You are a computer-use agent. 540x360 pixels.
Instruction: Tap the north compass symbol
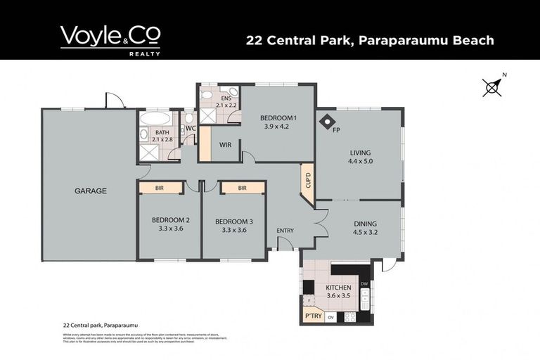492,86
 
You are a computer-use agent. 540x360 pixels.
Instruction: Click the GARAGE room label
91,191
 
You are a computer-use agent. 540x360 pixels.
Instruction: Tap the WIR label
226,146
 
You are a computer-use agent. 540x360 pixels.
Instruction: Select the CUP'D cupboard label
307,181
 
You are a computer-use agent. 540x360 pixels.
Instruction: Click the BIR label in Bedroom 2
160,188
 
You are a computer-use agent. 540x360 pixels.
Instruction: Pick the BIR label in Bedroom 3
242,188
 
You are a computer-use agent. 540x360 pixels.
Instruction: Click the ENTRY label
285,230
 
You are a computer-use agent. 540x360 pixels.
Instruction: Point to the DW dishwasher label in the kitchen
364,283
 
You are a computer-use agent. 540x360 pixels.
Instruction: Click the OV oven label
330,318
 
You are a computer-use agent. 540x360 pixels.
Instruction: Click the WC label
190,128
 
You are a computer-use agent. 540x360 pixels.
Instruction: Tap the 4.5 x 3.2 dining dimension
365,236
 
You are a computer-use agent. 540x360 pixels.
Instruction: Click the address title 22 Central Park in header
369,40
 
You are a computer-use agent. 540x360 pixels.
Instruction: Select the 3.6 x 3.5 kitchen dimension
338,297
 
